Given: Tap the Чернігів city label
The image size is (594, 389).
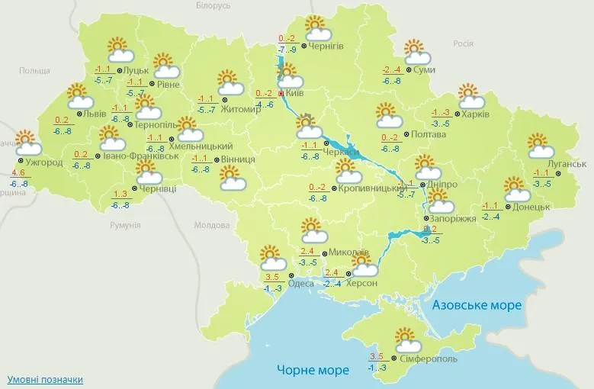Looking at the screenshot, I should (326, 46).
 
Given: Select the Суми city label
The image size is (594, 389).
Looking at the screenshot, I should (425, 70).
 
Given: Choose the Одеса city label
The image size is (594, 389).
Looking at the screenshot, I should (301, 283).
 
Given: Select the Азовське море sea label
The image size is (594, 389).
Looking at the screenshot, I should (477, 305).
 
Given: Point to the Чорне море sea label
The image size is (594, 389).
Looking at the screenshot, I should (313, 370).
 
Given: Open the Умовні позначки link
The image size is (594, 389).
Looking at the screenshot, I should (45, 379).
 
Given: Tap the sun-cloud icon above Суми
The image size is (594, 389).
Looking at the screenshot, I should (416, 50).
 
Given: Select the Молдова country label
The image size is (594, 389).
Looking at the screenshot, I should (211, 226).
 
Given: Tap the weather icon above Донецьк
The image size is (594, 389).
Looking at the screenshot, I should (516, 188).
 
